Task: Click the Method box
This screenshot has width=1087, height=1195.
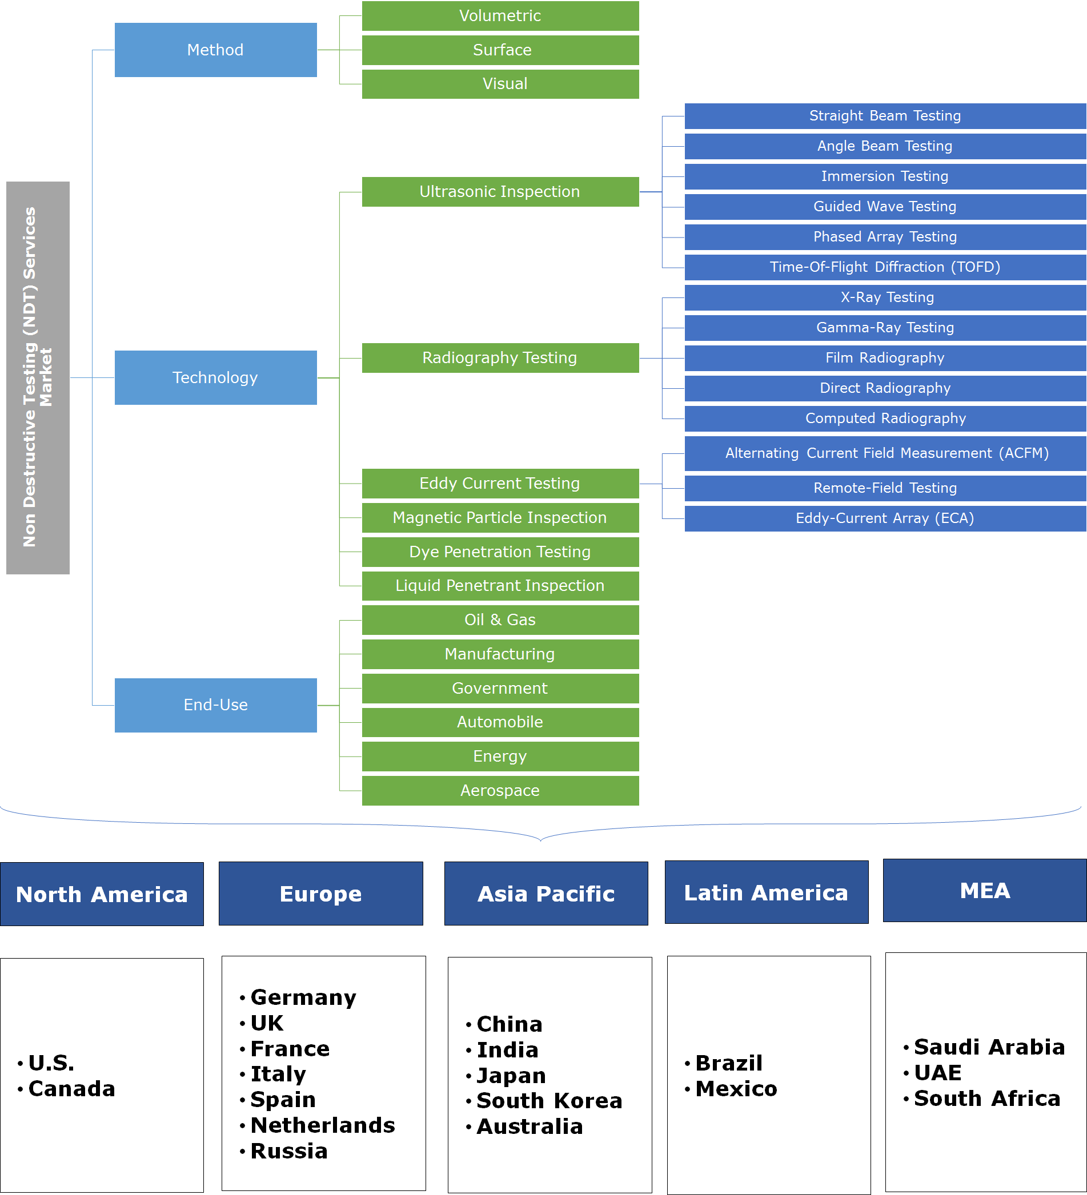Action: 215,50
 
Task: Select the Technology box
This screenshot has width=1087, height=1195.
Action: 215,377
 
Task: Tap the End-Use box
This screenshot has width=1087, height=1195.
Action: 215,705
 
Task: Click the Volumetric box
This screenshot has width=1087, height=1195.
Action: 500,16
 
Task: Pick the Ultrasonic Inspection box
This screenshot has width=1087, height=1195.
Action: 500,191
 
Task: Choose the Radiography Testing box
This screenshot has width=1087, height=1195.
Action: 500,357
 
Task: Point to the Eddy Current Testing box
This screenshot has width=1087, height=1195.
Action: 500,483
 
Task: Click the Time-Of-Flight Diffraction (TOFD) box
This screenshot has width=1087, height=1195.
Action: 885,267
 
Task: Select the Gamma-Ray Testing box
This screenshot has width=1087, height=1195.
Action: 885,328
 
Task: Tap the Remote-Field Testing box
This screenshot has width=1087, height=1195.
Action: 885,488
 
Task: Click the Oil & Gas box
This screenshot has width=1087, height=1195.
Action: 500,619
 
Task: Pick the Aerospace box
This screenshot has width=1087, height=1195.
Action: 500,790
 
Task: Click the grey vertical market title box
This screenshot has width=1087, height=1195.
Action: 37,377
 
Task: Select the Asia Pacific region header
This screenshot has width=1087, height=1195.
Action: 545,894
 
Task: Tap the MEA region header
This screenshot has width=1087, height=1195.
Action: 984,890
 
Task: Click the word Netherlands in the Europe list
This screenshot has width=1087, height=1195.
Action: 323,1125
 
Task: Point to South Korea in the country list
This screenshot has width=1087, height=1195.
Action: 549,1100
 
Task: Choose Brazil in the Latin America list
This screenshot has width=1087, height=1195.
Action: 729,1063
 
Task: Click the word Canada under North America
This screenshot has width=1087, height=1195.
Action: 72,1088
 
